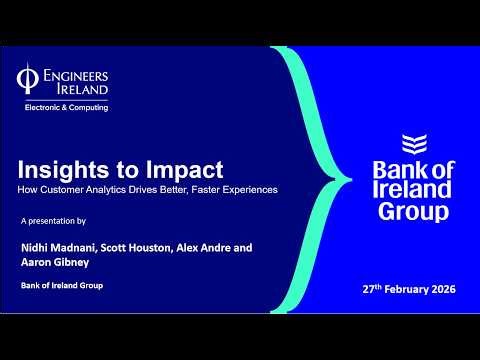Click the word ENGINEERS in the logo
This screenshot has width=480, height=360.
click(77, 75)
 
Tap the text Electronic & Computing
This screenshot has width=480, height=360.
click(66, 106)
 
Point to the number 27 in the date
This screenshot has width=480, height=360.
click(369, 290)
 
